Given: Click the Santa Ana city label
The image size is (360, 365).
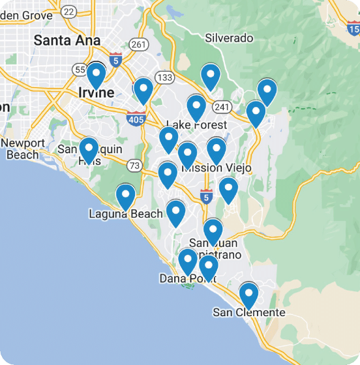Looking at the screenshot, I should point(67,40).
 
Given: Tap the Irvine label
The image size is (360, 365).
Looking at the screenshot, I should point(96,93).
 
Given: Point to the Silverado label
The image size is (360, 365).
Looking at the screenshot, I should point(229,38).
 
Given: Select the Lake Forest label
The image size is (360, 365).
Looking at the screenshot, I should point(197,124).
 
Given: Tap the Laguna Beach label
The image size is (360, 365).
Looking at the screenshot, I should point(126,214).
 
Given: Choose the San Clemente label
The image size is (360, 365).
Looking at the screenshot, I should point(249,313).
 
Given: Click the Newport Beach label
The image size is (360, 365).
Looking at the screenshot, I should point(23,149).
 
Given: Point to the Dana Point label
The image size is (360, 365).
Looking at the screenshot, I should point(187,279).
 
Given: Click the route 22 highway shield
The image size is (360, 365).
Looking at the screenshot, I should point(68,12).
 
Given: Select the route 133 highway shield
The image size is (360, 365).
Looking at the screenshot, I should point(165,78).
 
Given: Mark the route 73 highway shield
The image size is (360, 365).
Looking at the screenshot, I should point(135,166).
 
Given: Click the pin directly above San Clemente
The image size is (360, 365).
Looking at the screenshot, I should point(248,295).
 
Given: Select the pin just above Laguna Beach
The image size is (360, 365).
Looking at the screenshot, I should point(125,196).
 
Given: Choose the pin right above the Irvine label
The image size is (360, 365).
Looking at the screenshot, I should point(97,75).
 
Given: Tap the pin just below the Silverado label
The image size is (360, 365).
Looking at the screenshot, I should point(210,76).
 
